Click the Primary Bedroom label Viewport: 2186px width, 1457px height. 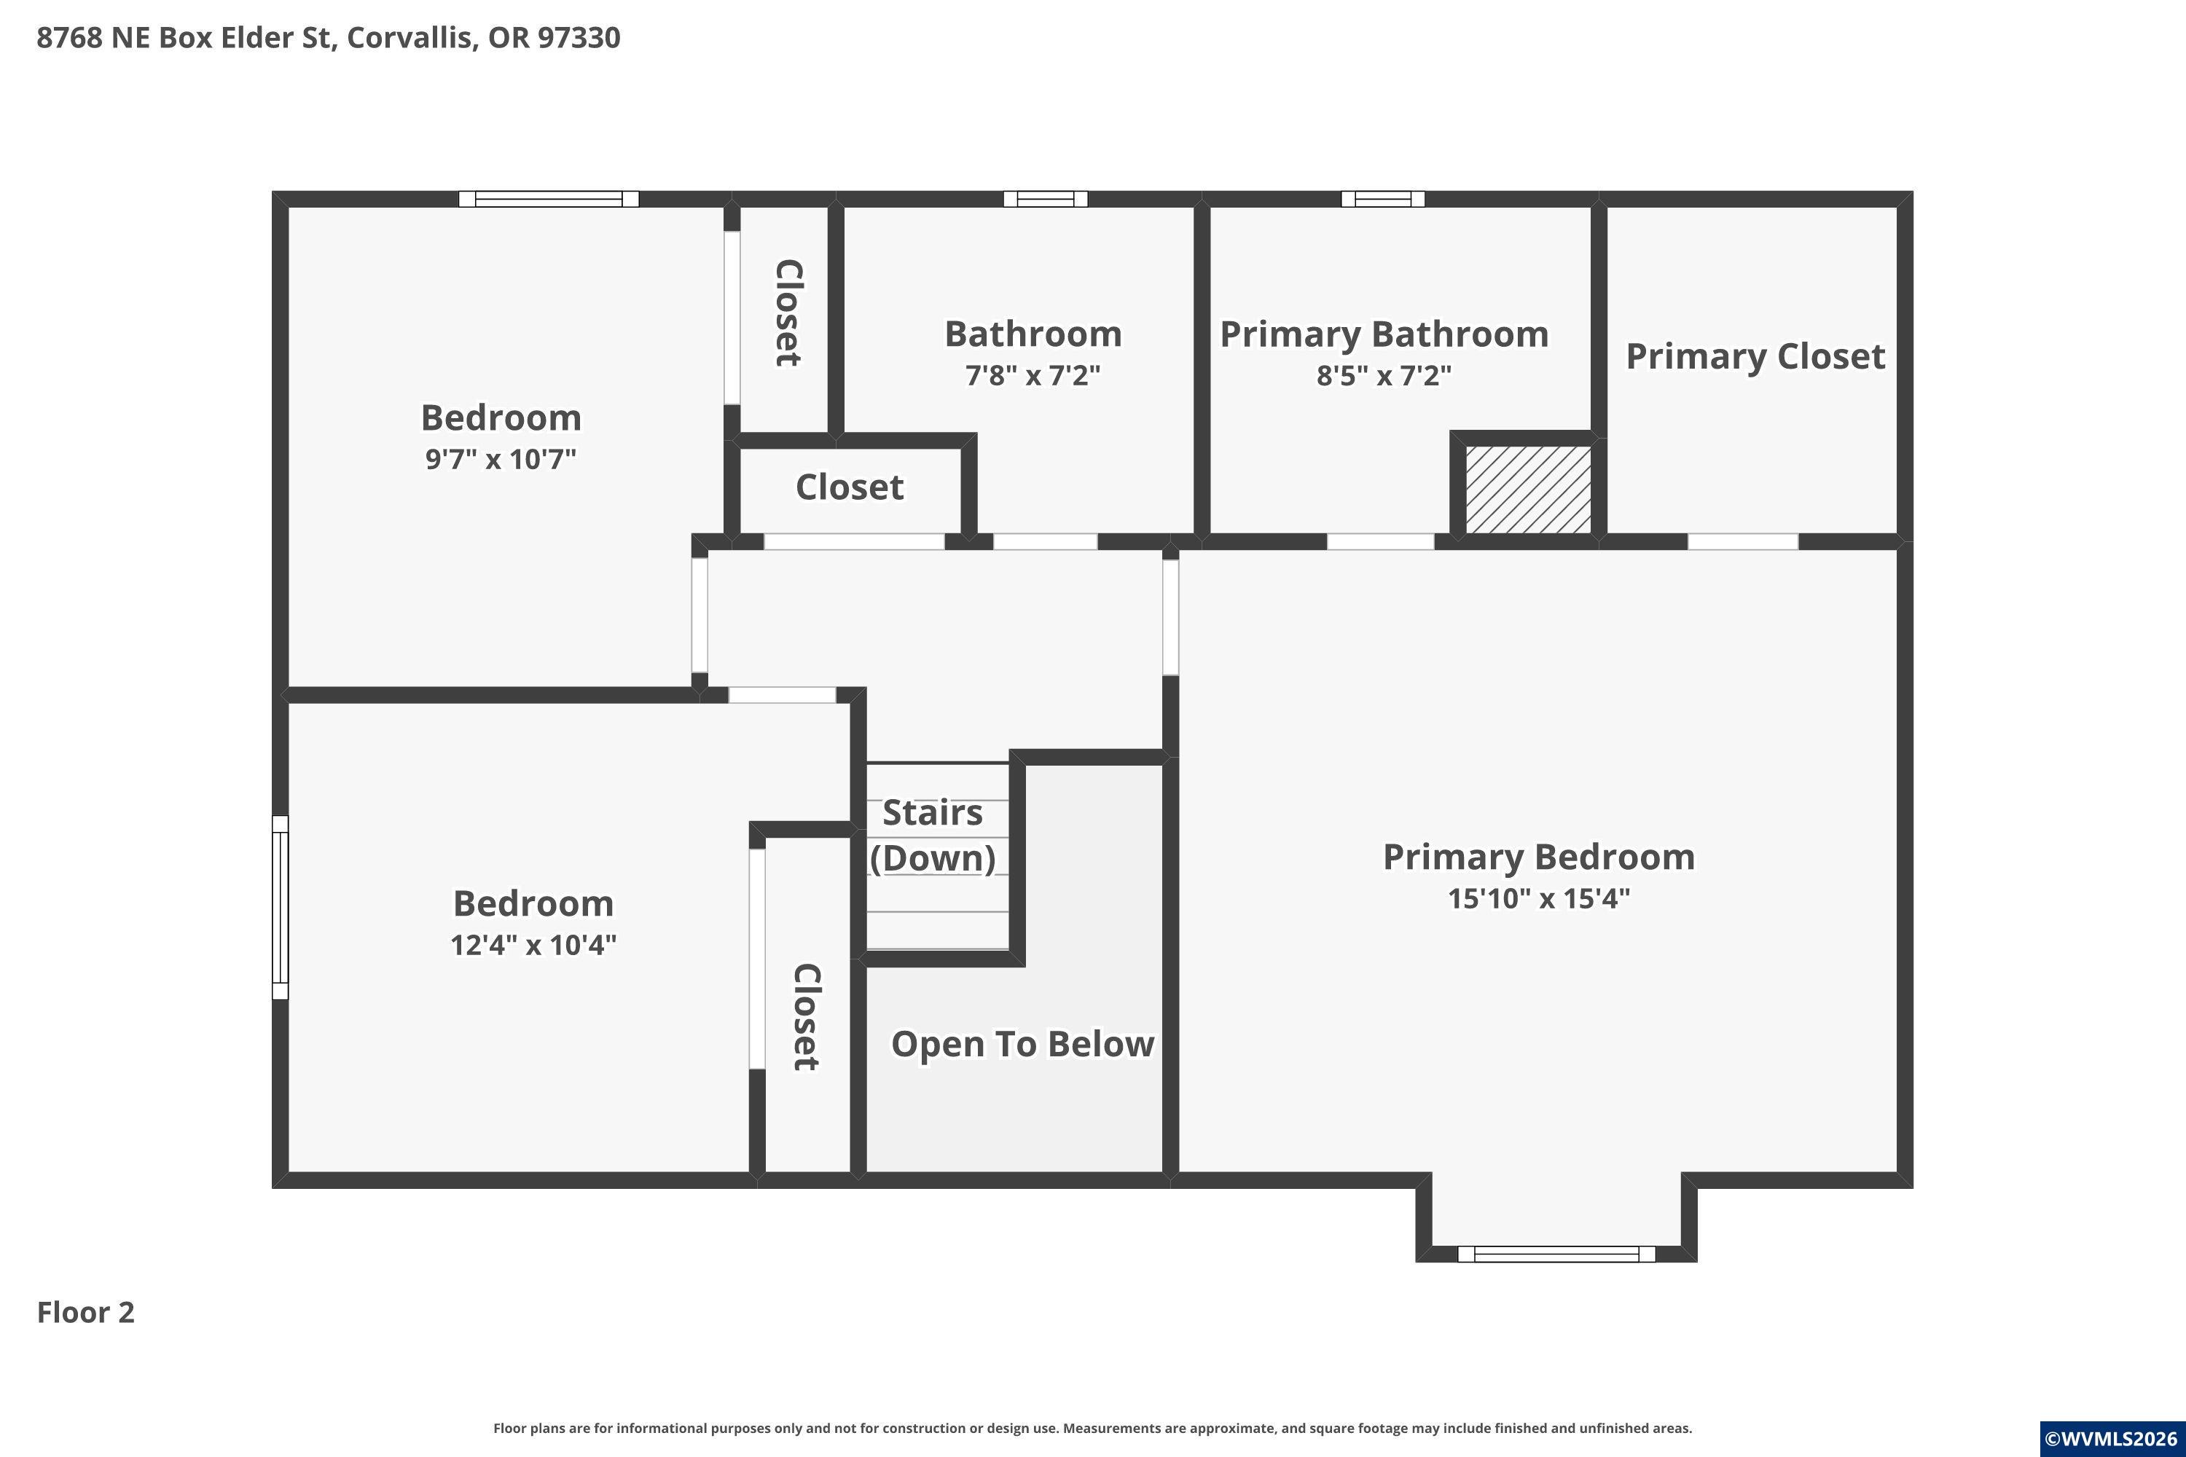coord(1539,857)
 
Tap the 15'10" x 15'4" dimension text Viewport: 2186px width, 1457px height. coord(1539,898)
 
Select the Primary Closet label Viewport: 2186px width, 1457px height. coord(1755,356)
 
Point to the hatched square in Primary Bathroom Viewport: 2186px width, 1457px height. coord(1528,490)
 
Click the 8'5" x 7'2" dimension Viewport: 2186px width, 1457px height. coord(1384,375)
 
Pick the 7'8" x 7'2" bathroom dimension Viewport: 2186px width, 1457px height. coord(1033,375)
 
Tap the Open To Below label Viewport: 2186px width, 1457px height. coord(1022,1043)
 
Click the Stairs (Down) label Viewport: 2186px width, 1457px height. coord(932,834)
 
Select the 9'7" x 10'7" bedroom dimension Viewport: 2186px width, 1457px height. coord(501,459)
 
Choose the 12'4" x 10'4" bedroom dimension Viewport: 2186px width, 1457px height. coord(533,945)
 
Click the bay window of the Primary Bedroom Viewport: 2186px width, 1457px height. coord(1556,1254)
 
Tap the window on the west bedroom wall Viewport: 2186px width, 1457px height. coord(280,908)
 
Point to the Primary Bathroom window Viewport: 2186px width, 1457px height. coord(1383,199)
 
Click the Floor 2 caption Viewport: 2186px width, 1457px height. coord(85,1312)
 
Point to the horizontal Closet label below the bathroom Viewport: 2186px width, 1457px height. coord(850,487)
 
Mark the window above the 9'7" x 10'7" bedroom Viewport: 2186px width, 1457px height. coord(549,199)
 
